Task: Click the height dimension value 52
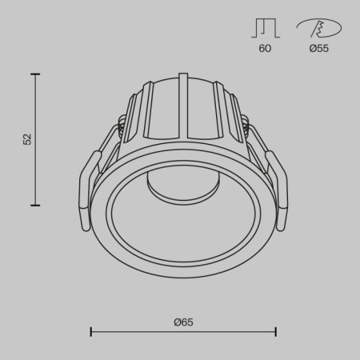point(27,139)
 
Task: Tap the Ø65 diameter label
point(183,322)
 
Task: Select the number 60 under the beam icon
point(265,49)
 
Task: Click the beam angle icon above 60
point(265,28)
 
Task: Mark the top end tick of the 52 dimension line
point(35,74)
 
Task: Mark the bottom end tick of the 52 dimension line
point(35,206)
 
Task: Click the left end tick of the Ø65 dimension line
point(90,331)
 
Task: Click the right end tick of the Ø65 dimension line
point(276,331)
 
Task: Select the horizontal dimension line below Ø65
point(183,331)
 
